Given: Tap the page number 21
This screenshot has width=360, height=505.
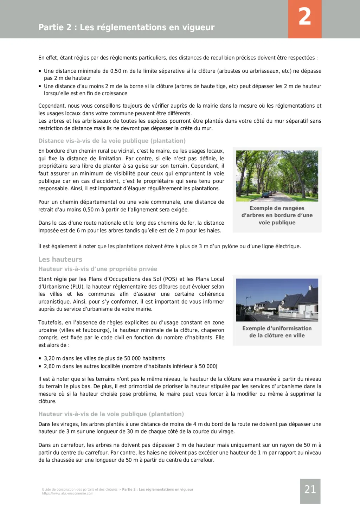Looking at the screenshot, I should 310,490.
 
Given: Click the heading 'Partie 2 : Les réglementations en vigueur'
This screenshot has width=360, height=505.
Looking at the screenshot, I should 126,27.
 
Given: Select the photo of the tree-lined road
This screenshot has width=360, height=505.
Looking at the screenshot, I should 277,176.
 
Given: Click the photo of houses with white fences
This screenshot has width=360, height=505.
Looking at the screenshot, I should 277,300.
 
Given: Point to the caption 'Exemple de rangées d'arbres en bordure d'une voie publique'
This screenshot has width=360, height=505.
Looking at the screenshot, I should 277,215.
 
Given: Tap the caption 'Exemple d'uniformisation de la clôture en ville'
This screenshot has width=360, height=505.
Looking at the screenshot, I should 277,332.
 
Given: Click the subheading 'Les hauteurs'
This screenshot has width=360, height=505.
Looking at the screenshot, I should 60,260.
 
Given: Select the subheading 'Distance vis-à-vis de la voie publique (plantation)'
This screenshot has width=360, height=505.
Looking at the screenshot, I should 112,141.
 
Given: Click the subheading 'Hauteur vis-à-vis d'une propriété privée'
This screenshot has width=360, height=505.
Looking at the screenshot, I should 98,269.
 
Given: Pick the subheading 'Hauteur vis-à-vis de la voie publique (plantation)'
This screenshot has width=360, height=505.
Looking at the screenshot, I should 111,414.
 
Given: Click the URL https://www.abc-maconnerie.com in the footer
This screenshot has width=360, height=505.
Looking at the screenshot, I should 67,493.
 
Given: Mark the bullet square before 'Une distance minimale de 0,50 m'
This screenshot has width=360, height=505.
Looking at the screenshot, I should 40,71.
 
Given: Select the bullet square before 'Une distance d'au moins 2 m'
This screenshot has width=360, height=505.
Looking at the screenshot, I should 40,86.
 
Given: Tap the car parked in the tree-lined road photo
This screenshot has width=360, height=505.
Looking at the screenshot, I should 266,194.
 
